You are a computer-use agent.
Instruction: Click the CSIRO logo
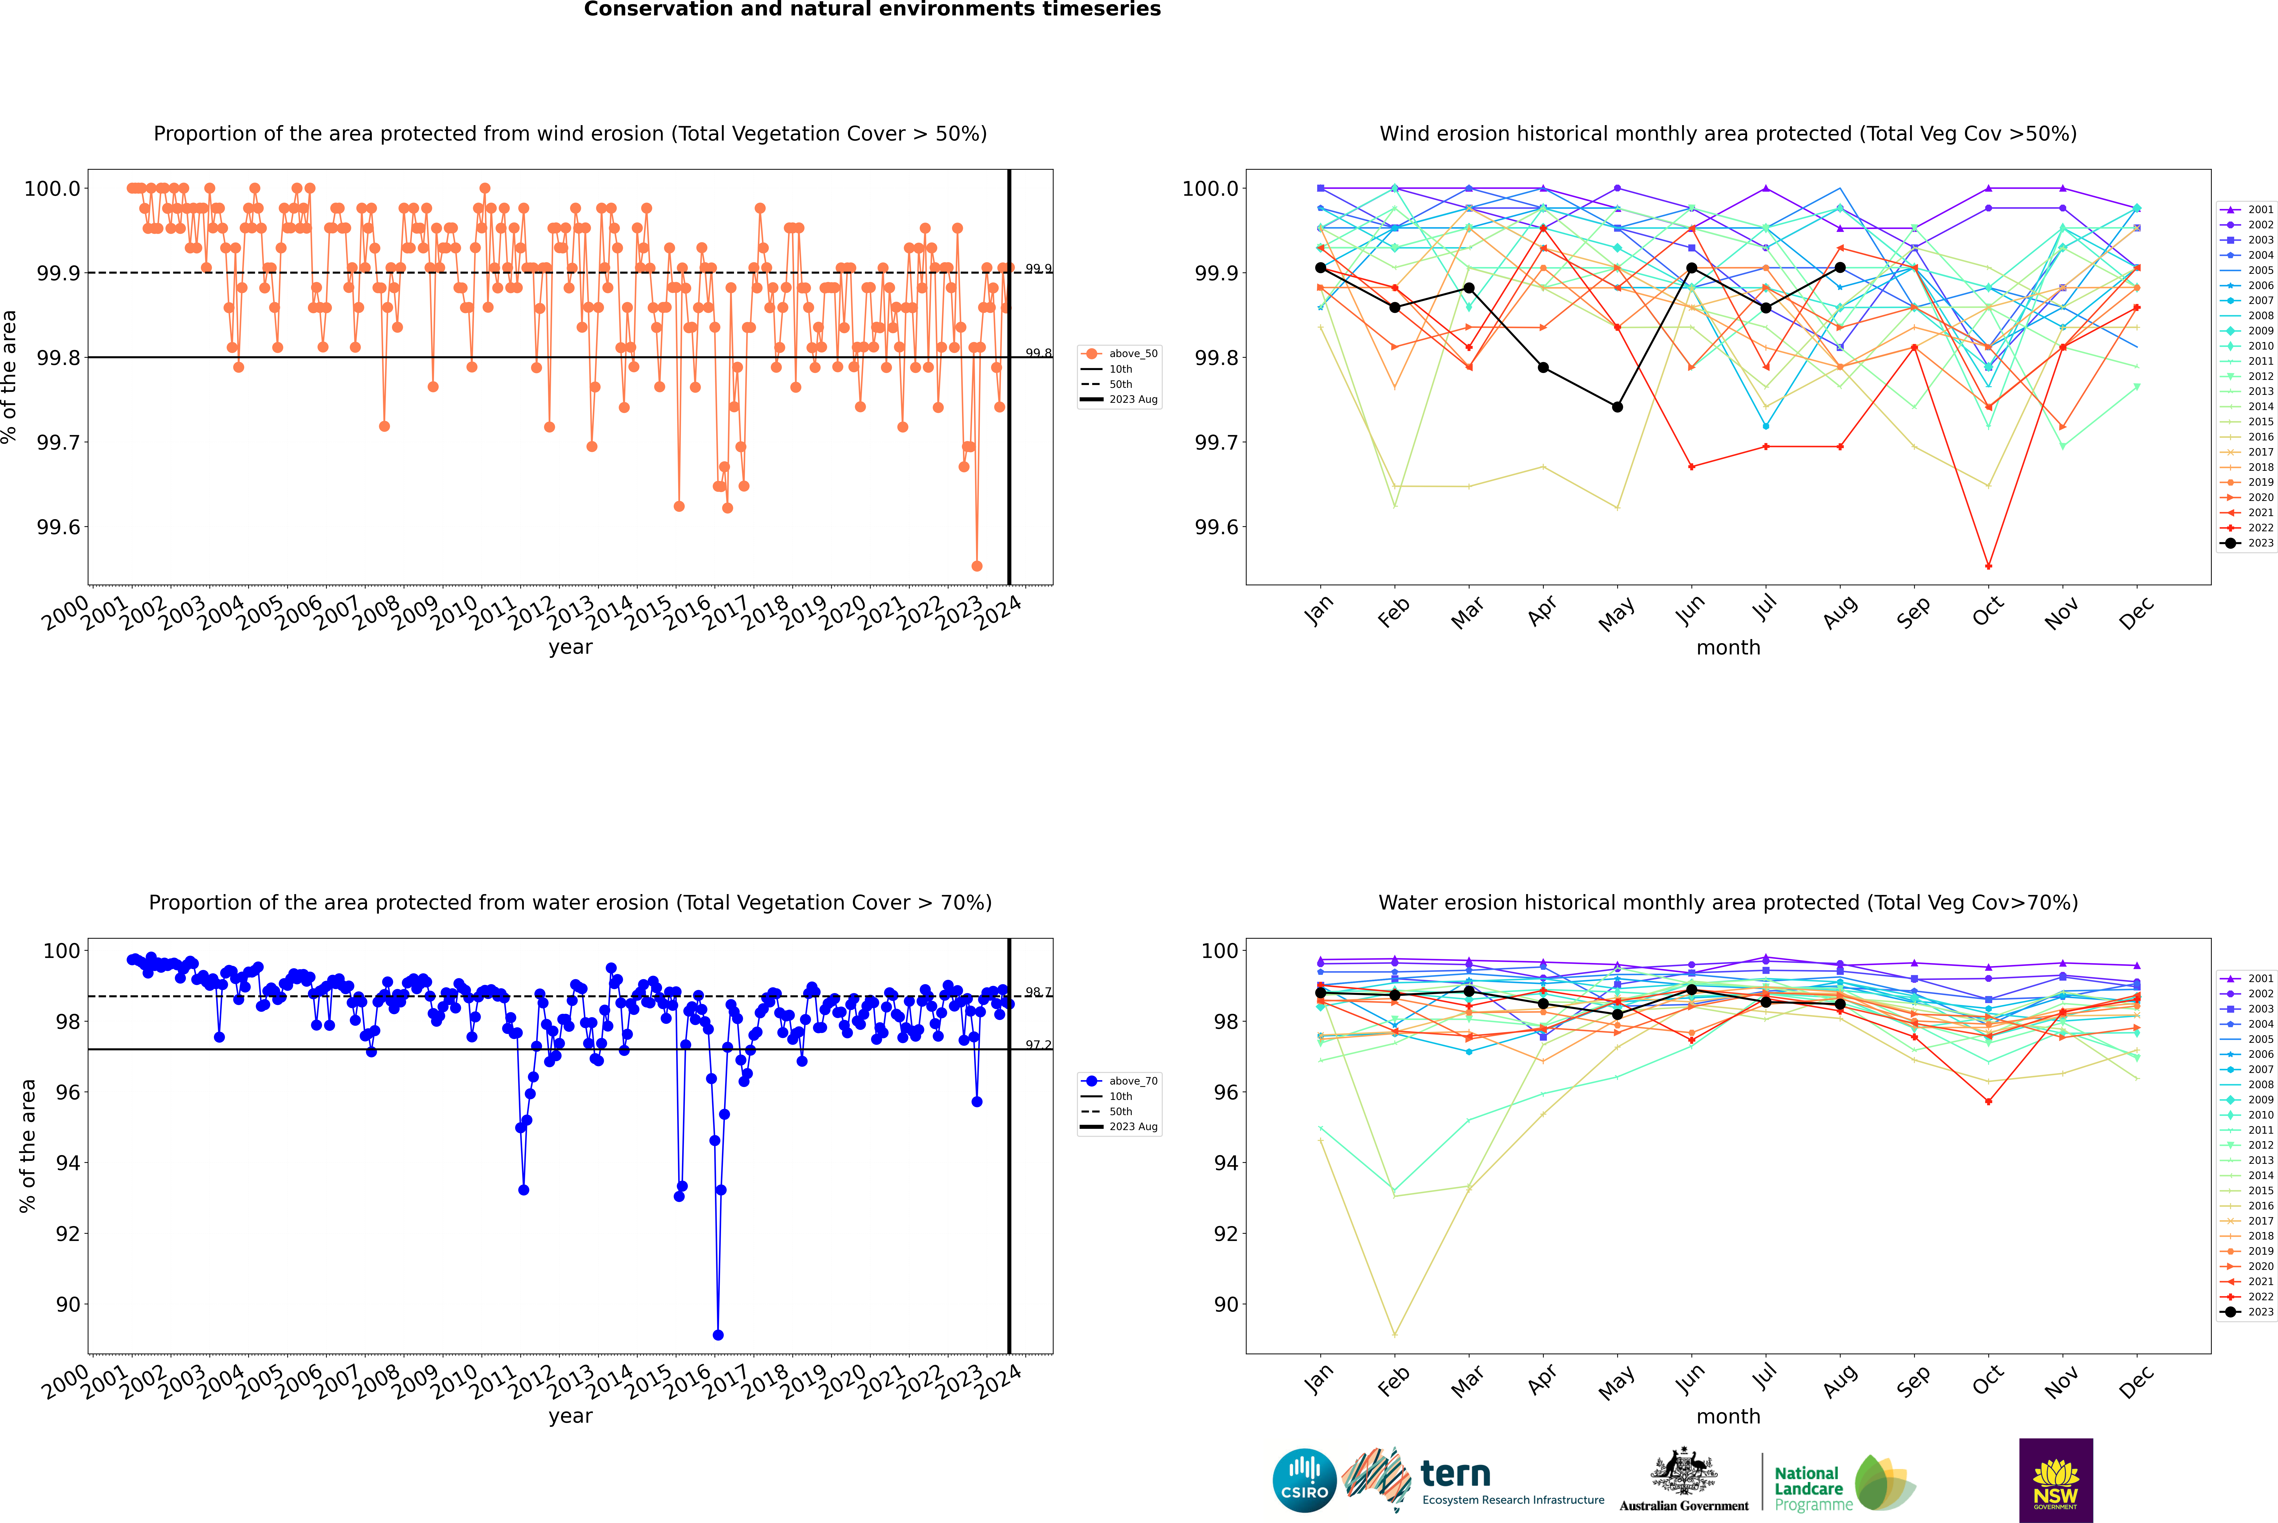tap(1304, 1480)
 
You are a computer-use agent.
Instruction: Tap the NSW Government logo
tap(2056, 1480)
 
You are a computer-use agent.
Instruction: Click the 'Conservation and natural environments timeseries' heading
tap(872, 10)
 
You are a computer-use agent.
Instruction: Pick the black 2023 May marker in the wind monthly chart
tap(1617, 407)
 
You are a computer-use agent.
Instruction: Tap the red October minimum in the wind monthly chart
tap(1989, 566)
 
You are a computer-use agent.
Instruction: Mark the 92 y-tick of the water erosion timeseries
tap(68, 1233)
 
